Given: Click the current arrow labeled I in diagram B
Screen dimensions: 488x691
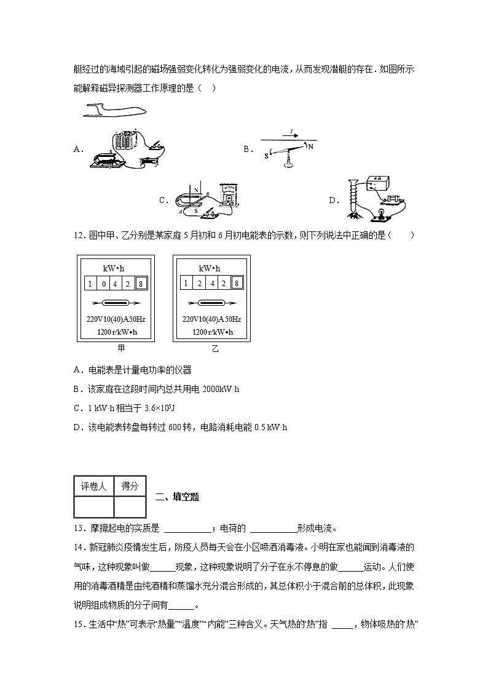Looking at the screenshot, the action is coord(293,132).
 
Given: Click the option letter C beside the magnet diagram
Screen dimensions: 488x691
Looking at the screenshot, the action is coord(163,200).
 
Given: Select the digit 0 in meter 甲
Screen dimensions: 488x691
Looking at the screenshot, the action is coord(103,284).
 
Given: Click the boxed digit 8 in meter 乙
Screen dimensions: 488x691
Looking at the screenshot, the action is coord(237,283).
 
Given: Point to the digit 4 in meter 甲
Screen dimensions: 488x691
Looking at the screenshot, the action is coord(116,284).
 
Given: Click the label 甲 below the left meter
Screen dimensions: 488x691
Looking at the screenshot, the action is coord(121,349).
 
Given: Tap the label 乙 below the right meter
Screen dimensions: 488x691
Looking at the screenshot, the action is coord(215,349).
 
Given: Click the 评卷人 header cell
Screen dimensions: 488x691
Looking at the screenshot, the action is coord(93,486).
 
